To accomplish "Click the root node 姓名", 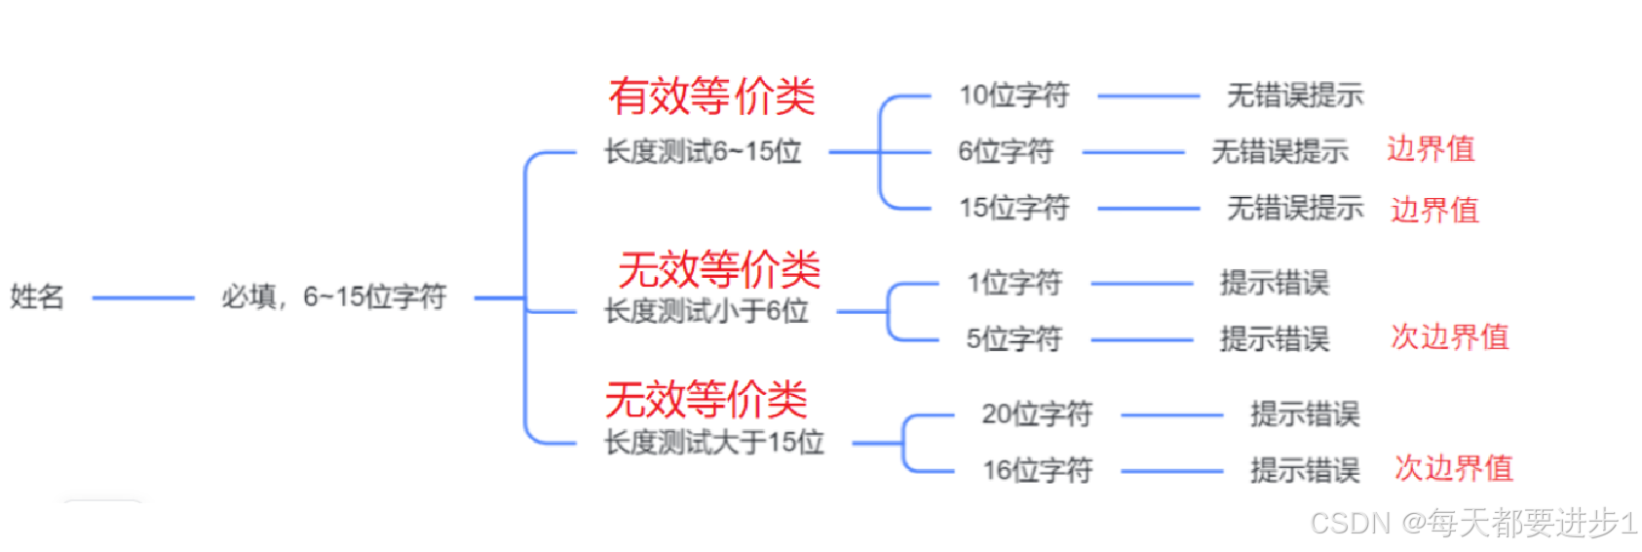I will click(x=37, y=296).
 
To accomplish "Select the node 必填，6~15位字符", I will click(x=333, y=296).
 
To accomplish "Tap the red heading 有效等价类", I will click(x=711, y=96).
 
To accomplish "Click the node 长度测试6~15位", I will click(x=703, y=152).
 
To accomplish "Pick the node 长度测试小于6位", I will click(x=706, y=312).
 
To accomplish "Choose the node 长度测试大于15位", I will click(x=713, y=443).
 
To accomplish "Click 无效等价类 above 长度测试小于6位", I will click(x=719, y=269).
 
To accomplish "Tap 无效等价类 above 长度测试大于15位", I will click(x=706, y=399).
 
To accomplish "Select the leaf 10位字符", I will click(x=1013, y=96).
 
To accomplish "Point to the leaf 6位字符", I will click(x=1005, y=152).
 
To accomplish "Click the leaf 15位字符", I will click(x=1013, y=208).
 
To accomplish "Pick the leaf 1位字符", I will click(x=1013, y=284).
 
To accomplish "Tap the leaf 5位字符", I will click(x=1013, y=339).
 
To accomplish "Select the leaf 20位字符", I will click(x=1037, y=414).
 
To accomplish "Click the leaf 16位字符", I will click(x=1037, y=471).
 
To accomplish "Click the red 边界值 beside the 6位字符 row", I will click(x=1431, y=149).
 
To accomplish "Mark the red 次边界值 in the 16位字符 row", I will click(x=1453, y=468).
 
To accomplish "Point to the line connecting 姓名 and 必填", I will click(x=143, y=297).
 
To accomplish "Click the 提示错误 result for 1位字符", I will click(x=1274, y=284).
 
